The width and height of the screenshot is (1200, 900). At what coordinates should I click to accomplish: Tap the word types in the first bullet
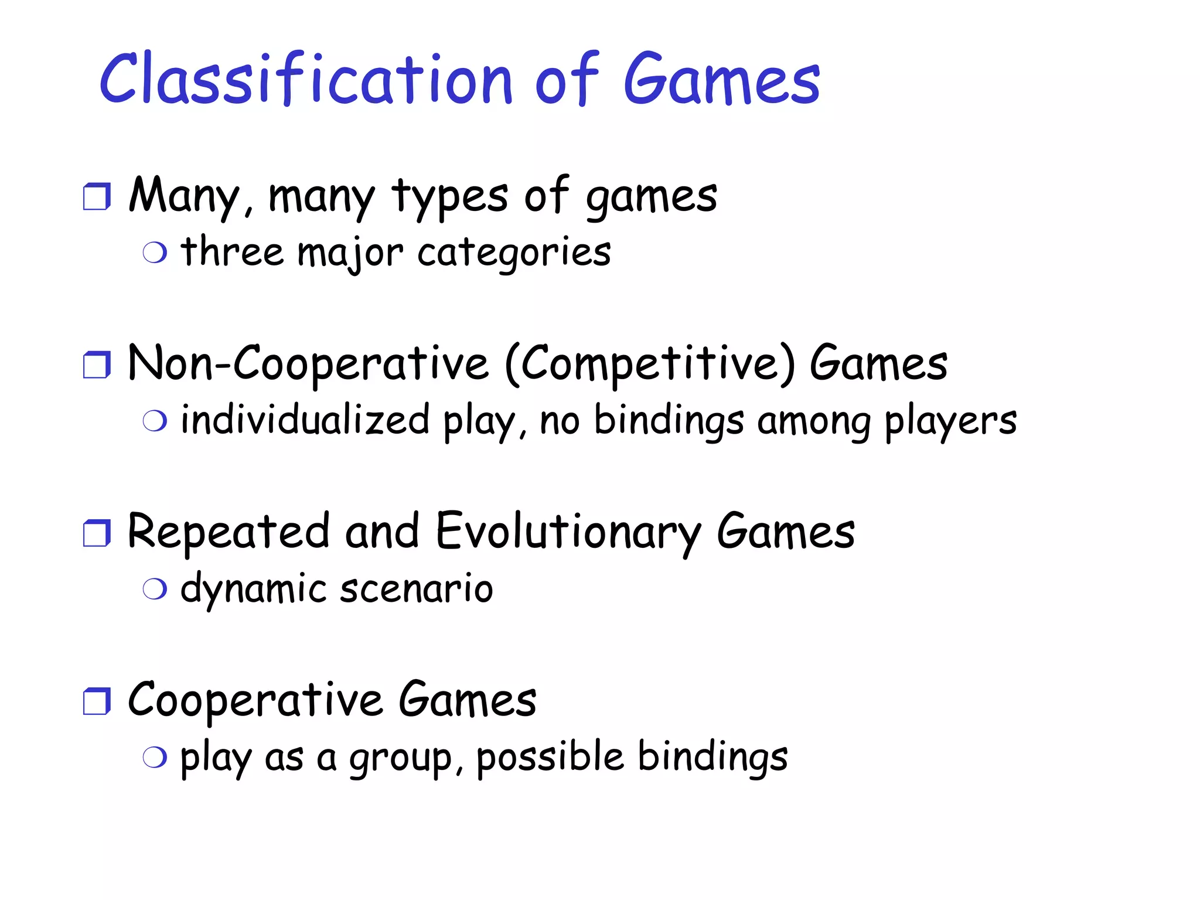point(450,196)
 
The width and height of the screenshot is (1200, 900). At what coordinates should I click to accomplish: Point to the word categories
point(514,253)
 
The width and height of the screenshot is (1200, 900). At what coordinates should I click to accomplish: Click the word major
point(350,253)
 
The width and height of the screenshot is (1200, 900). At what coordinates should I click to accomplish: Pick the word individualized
point(305,420)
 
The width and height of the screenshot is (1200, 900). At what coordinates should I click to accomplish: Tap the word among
point(814,422)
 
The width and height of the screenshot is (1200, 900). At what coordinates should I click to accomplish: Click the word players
point(950,422)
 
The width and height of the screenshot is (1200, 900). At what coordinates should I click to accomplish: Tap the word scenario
point(416,589)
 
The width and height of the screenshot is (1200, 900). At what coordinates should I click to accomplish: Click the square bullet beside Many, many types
point(97,197)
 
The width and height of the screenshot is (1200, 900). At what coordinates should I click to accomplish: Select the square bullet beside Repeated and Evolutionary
point(97,533)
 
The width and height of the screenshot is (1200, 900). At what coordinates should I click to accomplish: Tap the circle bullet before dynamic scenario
point(155,589)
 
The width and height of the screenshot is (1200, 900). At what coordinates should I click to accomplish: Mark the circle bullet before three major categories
point(155,253)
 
